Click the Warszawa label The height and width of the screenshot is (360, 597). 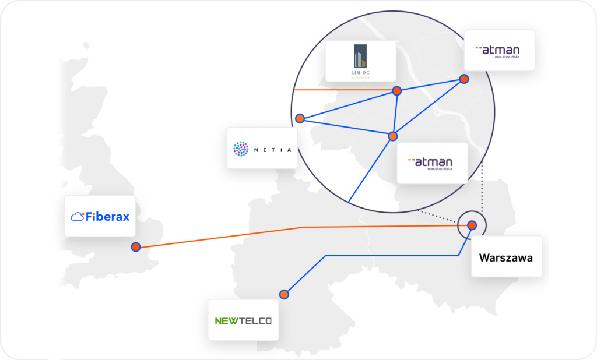tap(505, 257)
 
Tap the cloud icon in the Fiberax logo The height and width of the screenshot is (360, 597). tap(77, 217)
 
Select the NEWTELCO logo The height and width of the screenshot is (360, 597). tap(243, 320)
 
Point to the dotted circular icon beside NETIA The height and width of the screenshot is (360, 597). tap(240, 149)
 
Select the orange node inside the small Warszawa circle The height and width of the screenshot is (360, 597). tap(472, 225)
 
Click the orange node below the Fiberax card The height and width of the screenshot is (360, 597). tap(136, 247)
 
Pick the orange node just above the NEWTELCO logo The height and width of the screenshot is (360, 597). tap(284, 294)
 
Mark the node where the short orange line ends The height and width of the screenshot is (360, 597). tap(396, 90)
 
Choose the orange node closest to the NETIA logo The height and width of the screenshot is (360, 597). tap(300, 118)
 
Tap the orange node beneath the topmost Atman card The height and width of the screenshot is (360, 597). tap(464, 79)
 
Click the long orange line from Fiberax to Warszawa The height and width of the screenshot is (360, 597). tap(303, 227)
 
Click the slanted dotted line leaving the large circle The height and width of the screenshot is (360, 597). tap(437, 216)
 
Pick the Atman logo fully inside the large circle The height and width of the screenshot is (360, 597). tap(432, 163)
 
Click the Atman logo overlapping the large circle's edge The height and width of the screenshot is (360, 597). tap(499, 51)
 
